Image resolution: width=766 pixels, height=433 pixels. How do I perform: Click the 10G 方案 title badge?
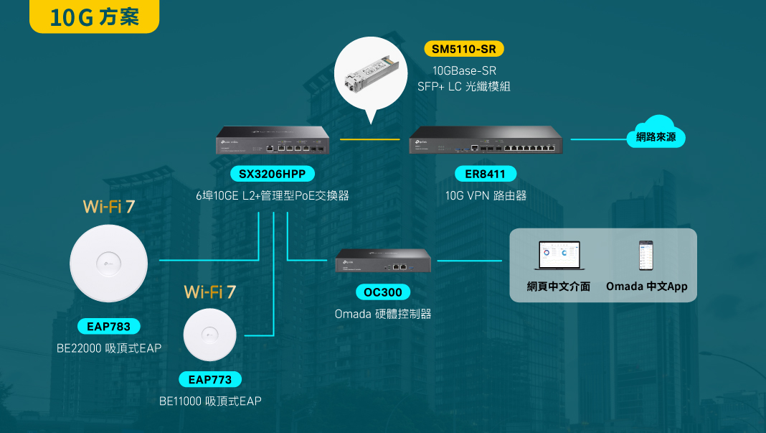[x=94, y=17]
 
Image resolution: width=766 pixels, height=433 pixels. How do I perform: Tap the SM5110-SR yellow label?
[x=463, y=49]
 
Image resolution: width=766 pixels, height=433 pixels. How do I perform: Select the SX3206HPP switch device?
[x=273, y=141]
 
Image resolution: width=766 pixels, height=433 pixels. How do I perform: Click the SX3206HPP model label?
[x=272, y=174]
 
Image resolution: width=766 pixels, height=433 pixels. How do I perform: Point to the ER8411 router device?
[x=486, y=141]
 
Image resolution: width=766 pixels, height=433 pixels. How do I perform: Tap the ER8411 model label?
[x=486, y=174]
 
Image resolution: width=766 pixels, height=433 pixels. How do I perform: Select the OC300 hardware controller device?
[x=384, y=261]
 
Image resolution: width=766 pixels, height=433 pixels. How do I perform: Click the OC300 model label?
[x=383, y=292]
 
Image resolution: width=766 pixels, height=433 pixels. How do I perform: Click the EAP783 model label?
[x=108, y=327]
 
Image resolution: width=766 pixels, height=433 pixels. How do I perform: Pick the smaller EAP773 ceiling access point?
[x=209, y=335]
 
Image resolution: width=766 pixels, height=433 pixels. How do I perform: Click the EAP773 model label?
[x=209, y=379]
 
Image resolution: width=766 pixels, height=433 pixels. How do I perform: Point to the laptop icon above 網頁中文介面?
[x=559, y=256]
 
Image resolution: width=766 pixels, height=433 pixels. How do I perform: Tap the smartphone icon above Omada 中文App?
[x=646, y=255]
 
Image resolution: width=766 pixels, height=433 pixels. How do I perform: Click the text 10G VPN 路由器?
[x=486, y=195]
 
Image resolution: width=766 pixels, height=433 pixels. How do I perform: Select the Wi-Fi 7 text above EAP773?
[x=209, y=292]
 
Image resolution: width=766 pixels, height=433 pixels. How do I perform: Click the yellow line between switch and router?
[x=369, y=139]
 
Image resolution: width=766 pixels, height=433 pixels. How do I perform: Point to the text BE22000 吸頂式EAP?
[x=109, y=348]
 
